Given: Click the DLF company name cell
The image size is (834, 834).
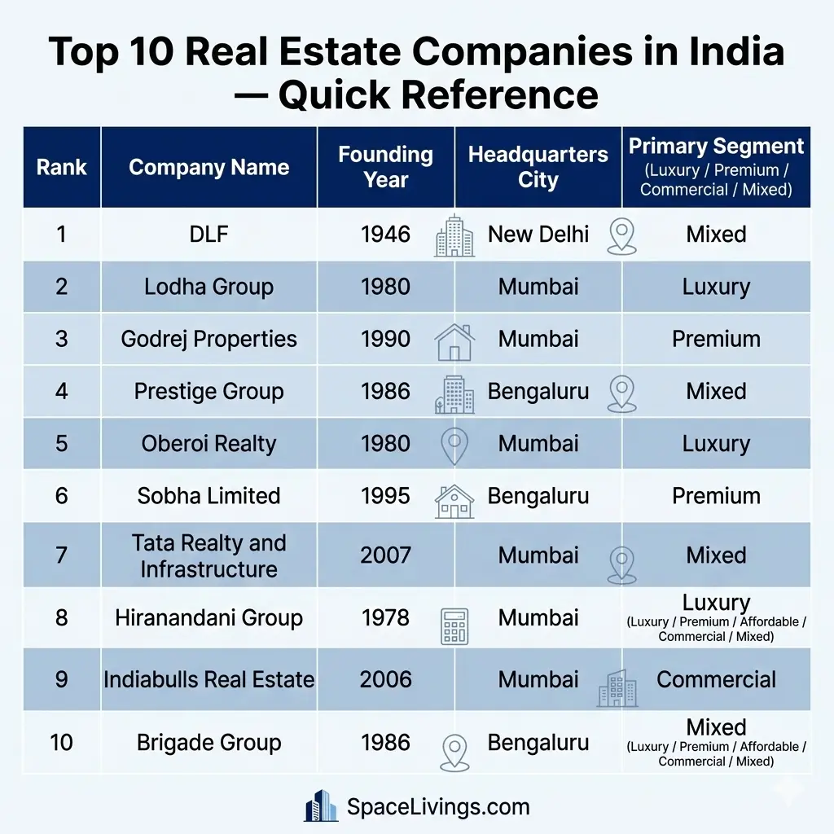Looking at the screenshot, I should (209, 235).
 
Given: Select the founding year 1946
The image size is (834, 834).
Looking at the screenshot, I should (385, 235).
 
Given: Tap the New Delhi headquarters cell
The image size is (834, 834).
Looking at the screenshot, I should (538, 235).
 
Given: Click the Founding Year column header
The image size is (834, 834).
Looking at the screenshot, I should (385, 167).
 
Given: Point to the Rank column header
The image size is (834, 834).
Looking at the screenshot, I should (62, 168).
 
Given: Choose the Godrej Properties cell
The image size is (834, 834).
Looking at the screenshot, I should (209, 339).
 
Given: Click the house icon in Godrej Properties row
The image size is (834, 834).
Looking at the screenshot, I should (454, 341).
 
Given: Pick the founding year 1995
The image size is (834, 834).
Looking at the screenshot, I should (385, 496).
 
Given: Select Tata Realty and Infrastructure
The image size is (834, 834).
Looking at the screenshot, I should (209, 555).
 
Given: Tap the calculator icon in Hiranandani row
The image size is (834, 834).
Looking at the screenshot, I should (454, 626).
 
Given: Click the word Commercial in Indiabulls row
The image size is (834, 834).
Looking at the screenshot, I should (716, 680).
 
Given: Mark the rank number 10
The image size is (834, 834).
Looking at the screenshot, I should (62, 743).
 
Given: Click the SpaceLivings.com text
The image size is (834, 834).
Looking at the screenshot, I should (438, 807).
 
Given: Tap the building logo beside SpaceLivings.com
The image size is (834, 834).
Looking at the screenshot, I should (321, 805).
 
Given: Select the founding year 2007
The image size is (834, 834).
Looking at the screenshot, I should (385, 555).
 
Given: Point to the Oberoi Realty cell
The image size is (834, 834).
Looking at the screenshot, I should (209, 444).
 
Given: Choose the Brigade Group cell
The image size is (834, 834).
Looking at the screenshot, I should (209, 743).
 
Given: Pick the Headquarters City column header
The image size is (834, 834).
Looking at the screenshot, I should (538, 167).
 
